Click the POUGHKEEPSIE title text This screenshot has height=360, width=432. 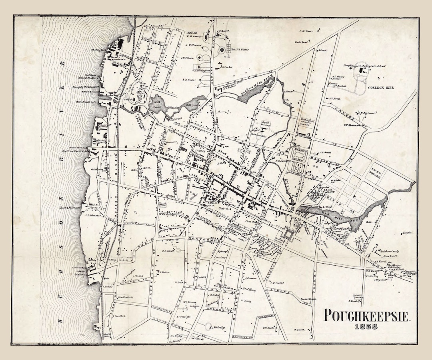pyautogui.click(x=367, y=316)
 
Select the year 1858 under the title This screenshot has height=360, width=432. pyautogui.click(x=367, y=327)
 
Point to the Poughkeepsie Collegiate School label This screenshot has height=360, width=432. pyautogui.click(x=364, y=66)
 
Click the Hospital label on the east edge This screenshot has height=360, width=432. pyautogui.click(x=408, y=232)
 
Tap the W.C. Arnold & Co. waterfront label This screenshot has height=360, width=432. pyautogui.click(x=86, y=102)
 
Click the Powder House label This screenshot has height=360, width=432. pyautogui.click(x=308, y=298)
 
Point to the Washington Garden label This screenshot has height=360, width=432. pyautogui.click(x=305, y=122)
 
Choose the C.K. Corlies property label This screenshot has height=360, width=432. pyautogui.click(x=277, y=282)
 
